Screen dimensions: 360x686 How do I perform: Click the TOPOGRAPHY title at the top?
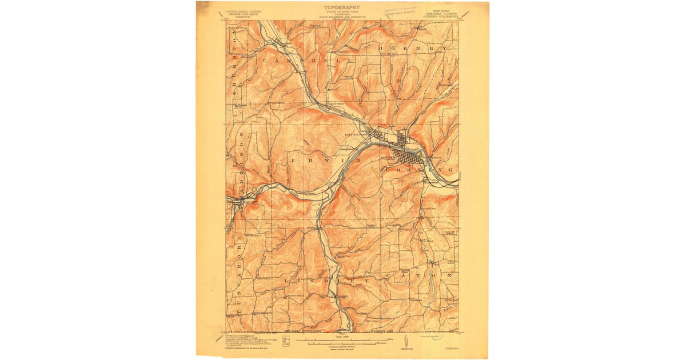[x=342, y=7]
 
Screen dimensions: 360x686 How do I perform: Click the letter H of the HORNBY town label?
[x=382, y=50]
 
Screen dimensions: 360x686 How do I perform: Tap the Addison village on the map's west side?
[x=236, y=201]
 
